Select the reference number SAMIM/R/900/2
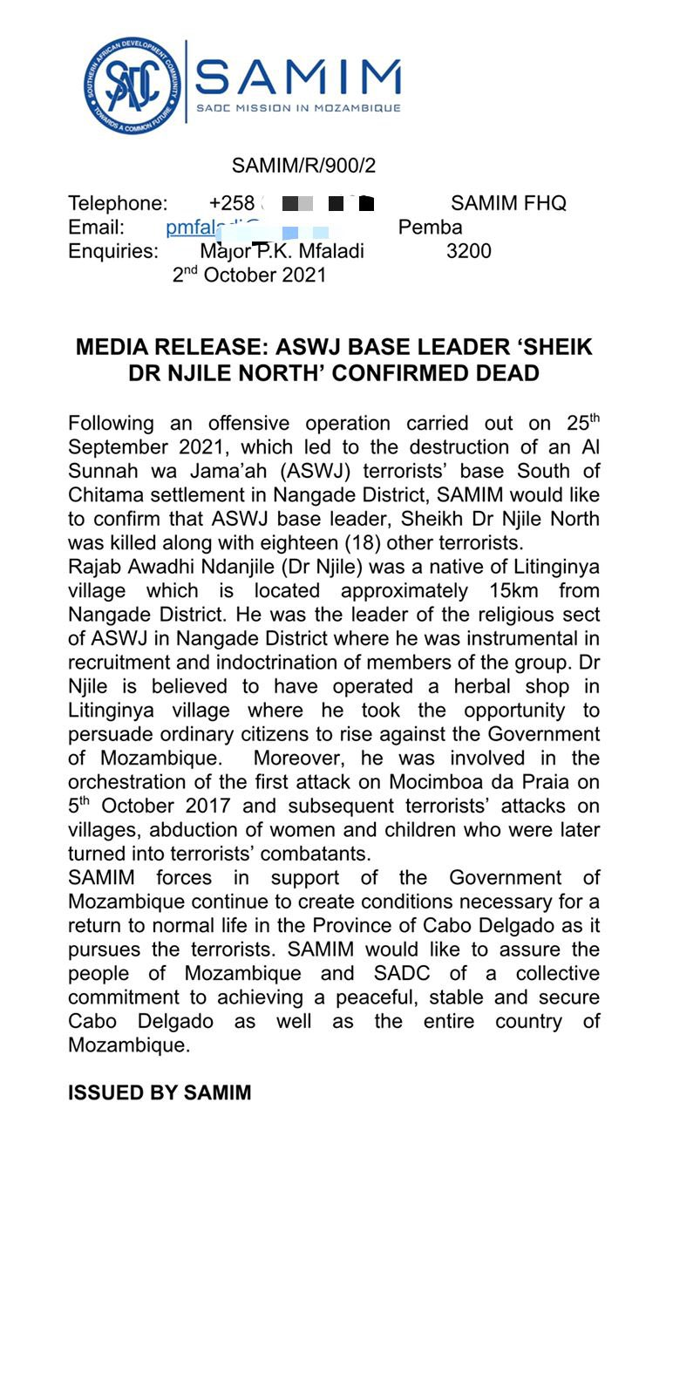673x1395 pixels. pos(303,166)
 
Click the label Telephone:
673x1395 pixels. pos(118,203)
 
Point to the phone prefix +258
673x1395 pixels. pos(232,203)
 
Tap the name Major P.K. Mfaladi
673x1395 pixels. pos(282,251)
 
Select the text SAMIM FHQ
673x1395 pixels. pos(508,203)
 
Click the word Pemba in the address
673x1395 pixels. pos(430,228)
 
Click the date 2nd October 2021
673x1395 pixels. pos(249,276)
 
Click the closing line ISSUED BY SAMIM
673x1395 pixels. pos(160,1092)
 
